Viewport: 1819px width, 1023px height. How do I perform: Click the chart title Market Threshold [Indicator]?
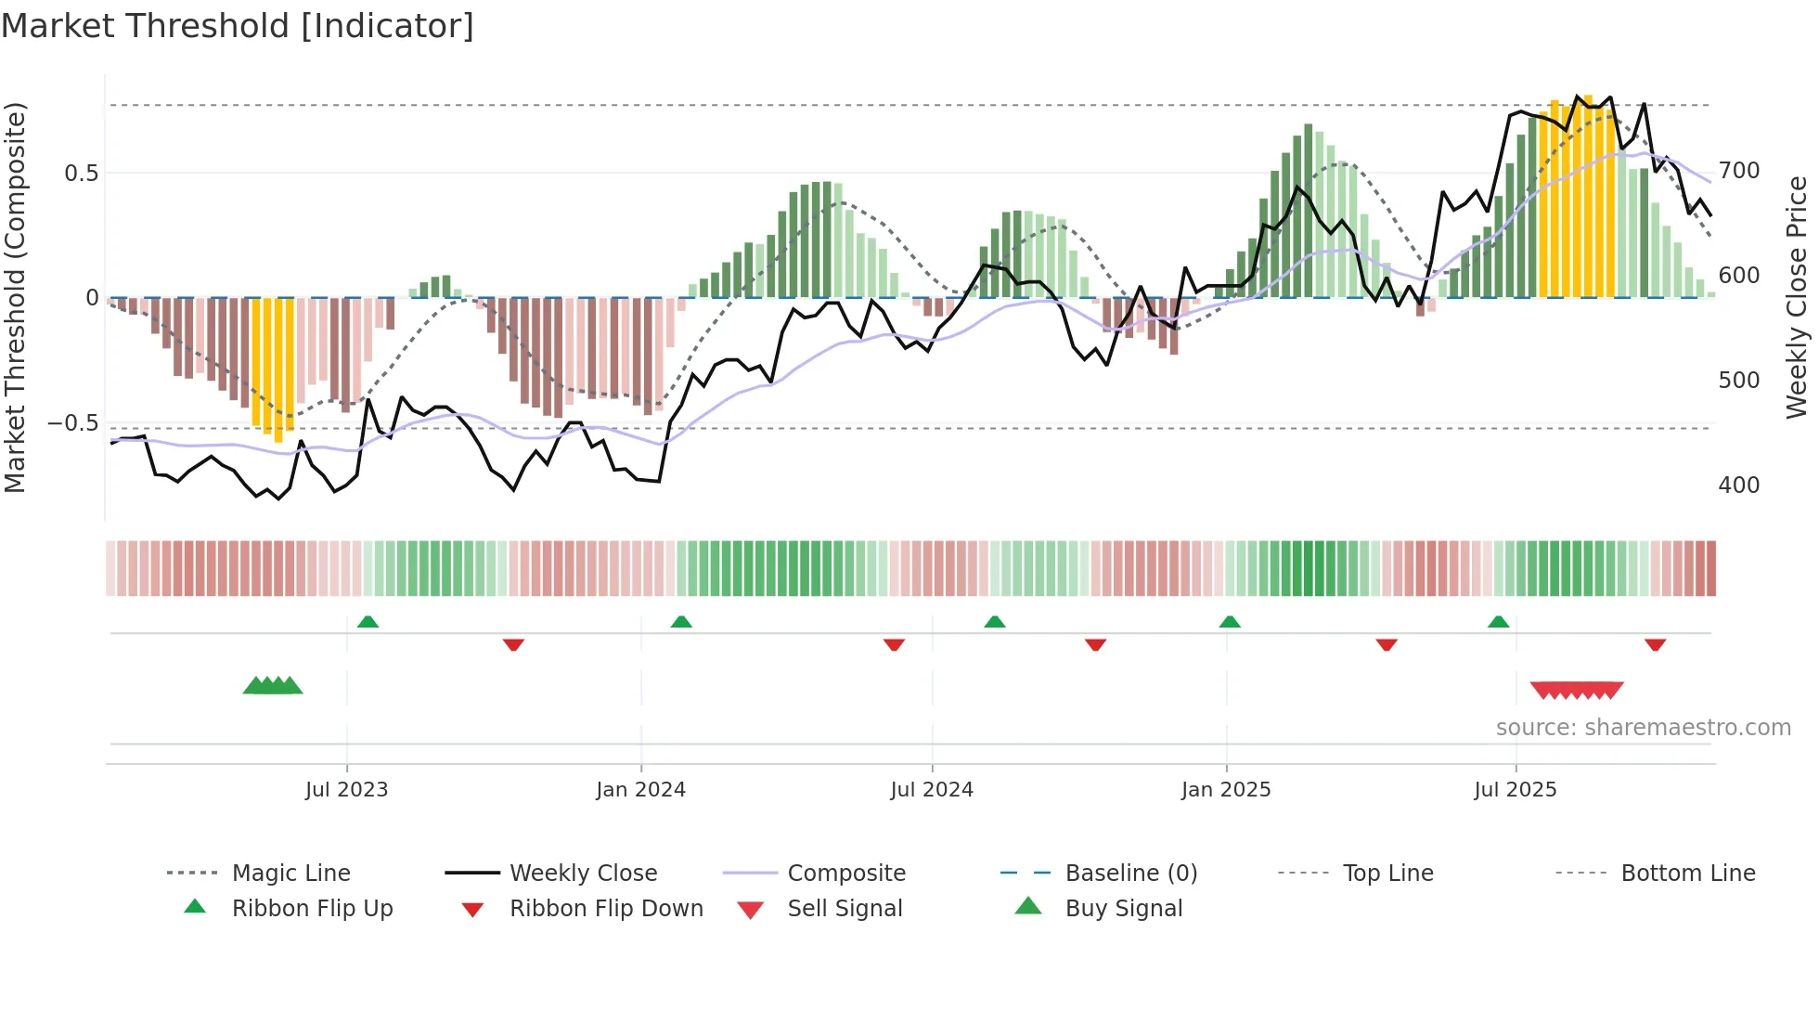238,26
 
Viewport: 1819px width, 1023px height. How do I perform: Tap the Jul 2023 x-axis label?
346,790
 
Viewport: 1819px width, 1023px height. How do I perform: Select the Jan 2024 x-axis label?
640,790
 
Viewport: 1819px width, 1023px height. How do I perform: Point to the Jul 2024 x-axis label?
932,790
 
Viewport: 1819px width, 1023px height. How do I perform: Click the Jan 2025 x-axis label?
1226,790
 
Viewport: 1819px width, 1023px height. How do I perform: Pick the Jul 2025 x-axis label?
1516,790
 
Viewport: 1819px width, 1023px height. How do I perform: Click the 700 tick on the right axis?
1739,171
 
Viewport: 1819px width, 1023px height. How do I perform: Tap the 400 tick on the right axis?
1739,486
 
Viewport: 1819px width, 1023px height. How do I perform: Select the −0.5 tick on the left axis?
72,423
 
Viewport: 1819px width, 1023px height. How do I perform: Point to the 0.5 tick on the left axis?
81,174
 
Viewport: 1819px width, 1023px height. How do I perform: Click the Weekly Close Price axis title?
1797,297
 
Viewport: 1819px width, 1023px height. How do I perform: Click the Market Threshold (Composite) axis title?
15,297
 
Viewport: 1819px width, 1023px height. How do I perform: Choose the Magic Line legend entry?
290,874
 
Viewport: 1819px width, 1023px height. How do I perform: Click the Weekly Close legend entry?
583,874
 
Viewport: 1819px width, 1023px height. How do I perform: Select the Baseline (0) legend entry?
1130,874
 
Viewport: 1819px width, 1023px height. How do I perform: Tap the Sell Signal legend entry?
845,909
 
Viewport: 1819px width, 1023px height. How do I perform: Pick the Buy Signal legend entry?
1123,909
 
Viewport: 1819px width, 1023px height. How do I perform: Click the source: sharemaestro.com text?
1643,728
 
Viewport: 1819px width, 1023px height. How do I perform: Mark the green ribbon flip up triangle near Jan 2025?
1230,622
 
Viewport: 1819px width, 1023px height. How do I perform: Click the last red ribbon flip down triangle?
1655,644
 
